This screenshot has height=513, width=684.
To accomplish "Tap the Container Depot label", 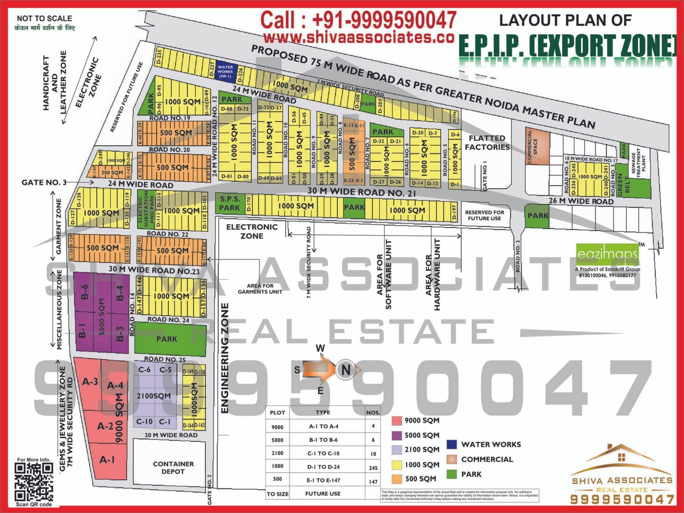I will (x=173, y=467).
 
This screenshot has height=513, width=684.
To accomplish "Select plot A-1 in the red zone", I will (x=107, y=460).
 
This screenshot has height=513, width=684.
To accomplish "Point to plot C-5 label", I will (x=165, y=370).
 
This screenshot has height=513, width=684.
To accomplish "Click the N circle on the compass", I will (x=345, y=369).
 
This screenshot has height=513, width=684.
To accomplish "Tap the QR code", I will (x=34, y=482).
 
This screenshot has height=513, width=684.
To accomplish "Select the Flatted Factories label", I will (x=487, y=142).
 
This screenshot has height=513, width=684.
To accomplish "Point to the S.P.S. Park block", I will (x=230, y=203).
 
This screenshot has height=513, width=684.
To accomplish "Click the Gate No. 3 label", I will (x=44, y=183).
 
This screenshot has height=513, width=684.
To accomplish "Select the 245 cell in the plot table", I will (x=373, y=468).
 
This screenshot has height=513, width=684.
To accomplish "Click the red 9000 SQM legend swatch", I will (x=397, y=421).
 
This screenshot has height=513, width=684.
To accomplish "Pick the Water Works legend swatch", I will (x=451, y=444).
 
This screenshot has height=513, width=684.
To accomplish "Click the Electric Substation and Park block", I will (x=146, y=209).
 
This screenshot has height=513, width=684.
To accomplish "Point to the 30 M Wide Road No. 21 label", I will (x=361, y=192).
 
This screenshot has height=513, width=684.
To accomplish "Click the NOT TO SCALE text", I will (x=44, y=18).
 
